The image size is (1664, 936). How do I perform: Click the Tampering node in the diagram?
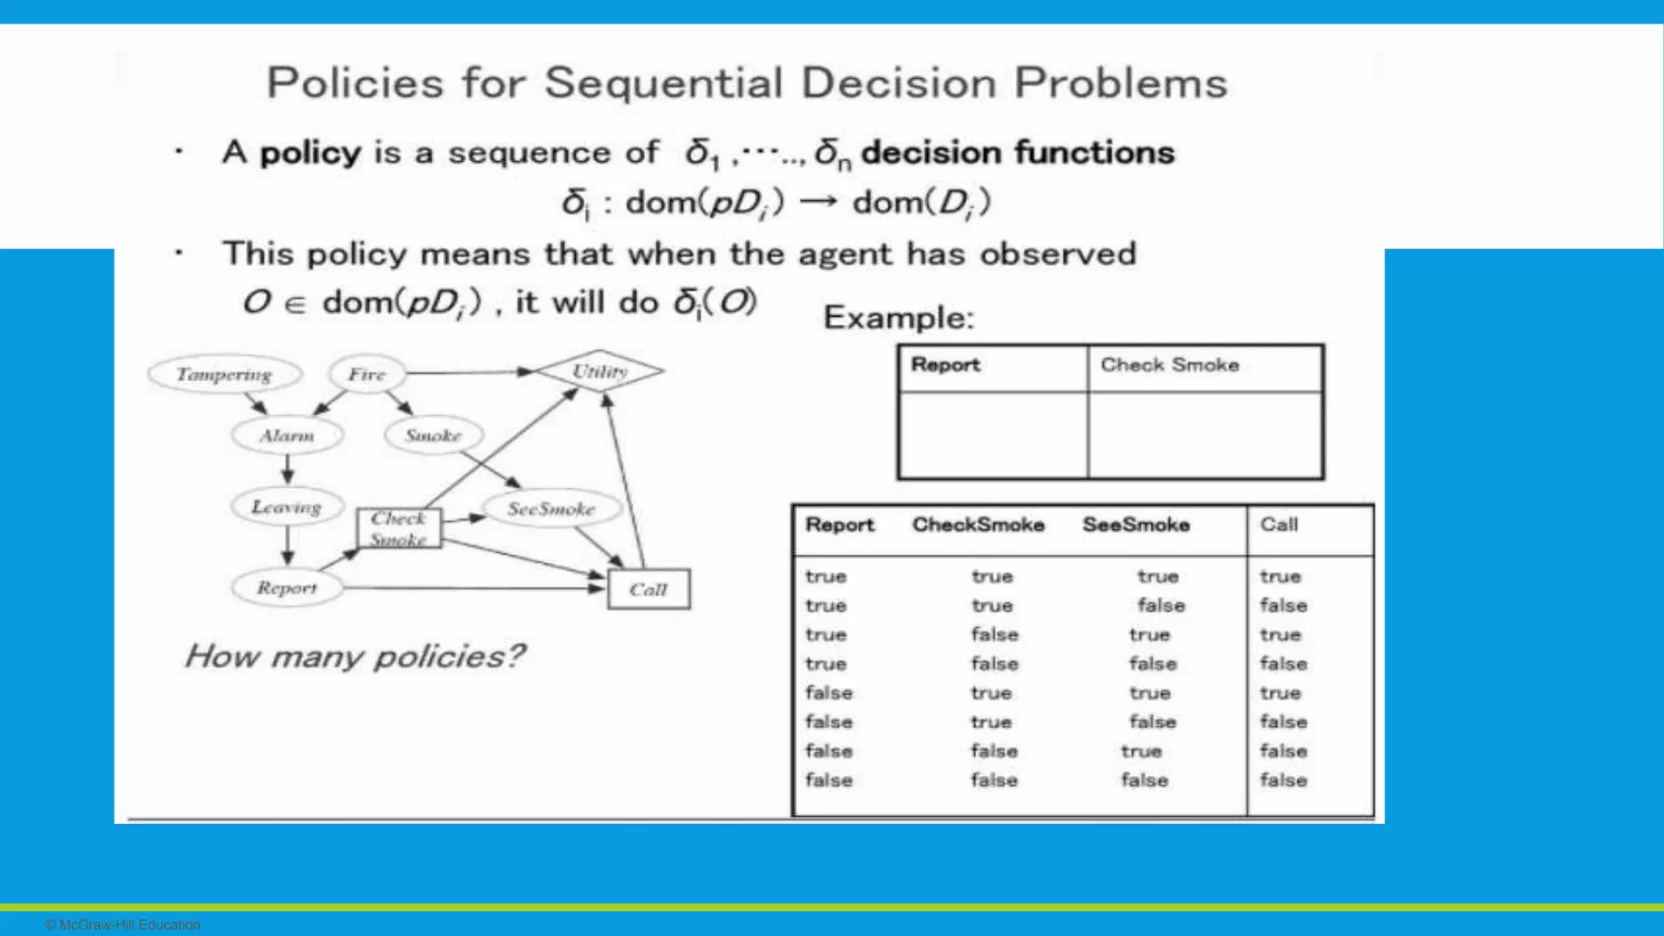pyautogui.click(x=224, y=375)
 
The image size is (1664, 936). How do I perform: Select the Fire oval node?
pyautogui.click(x=366, y=375)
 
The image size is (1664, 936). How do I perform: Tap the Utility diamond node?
pyautogui.click(x=600, y=371)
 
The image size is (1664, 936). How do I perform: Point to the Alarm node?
pyautogui.click(x=287, y=435)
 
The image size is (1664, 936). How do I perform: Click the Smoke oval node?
pyautogui.click(x=433, y=435)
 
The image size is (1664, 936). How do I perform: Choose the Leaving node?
pyautogui.click(x=286, y=507)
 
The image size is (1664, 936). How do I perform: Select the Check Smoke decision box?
pyautogui.click(x=399, y=528)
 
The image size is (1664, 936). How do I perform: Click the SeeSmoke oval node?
pyautogui.click(x=551, y=509)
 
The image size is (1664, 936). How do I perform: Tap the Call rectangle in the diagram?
pyautogui.click(x=648, y=589)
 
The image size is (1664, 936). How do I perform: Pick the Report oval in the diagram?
pyautogui.click(x=287, y=587)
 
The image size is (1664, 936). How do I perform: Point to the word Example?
pyautogui.click(x=898, y=318)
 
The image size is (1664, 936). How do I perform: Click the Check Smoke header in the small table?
pyautogui.click(x=1169, y=366)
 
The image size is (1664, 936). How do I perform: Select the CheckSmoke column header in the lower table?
pyautogui.click(x=978, y=525)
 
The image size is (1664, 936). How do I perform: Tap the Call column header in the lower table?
pyautogui.click(x=1279, y=525)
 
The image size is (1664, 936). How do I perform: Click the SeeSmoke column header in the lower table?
pyautogui.click(x=1136, y=525)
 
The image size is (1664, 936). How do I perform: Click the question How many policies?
pyautogui.click(x=355, y=656)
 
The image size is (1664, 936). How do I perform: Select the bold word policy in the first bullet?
pyautogui.click(x=310, y=153)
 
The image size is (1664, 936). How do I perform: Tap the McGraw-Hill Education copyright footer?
pyautogui.click(x=123, y=925)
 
